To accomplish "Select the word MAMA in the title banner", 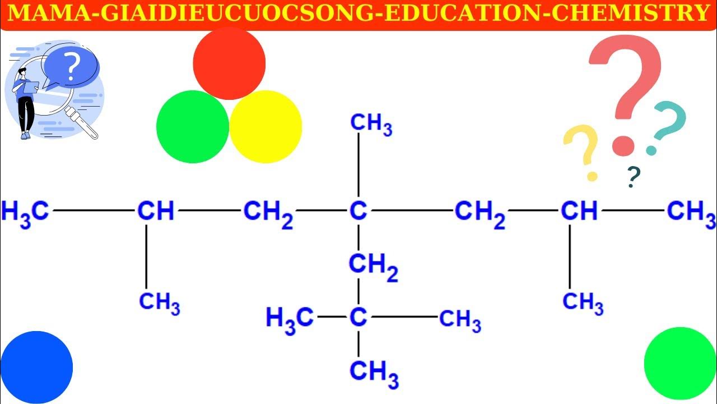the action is [x=48, y=13].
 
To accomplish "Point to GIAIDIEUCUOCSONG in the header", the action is [x=234, y=13].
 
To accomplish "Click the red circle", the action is [x=229, y=63].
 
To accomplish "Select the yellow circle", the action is [x=266, y=127].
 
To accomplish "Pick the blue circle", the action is [x=36, y=367].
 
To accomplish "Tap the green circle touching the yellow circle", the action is [x=193, y=127].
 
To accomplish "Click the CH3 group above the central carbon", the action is [x=371, y=125].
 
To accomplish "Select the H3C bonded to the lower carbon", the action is [x=289, y=319].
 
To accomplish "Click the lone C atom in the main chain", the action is [x=358, y=211].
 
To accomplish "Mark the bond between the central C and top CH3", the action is [x=358, y=168].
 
